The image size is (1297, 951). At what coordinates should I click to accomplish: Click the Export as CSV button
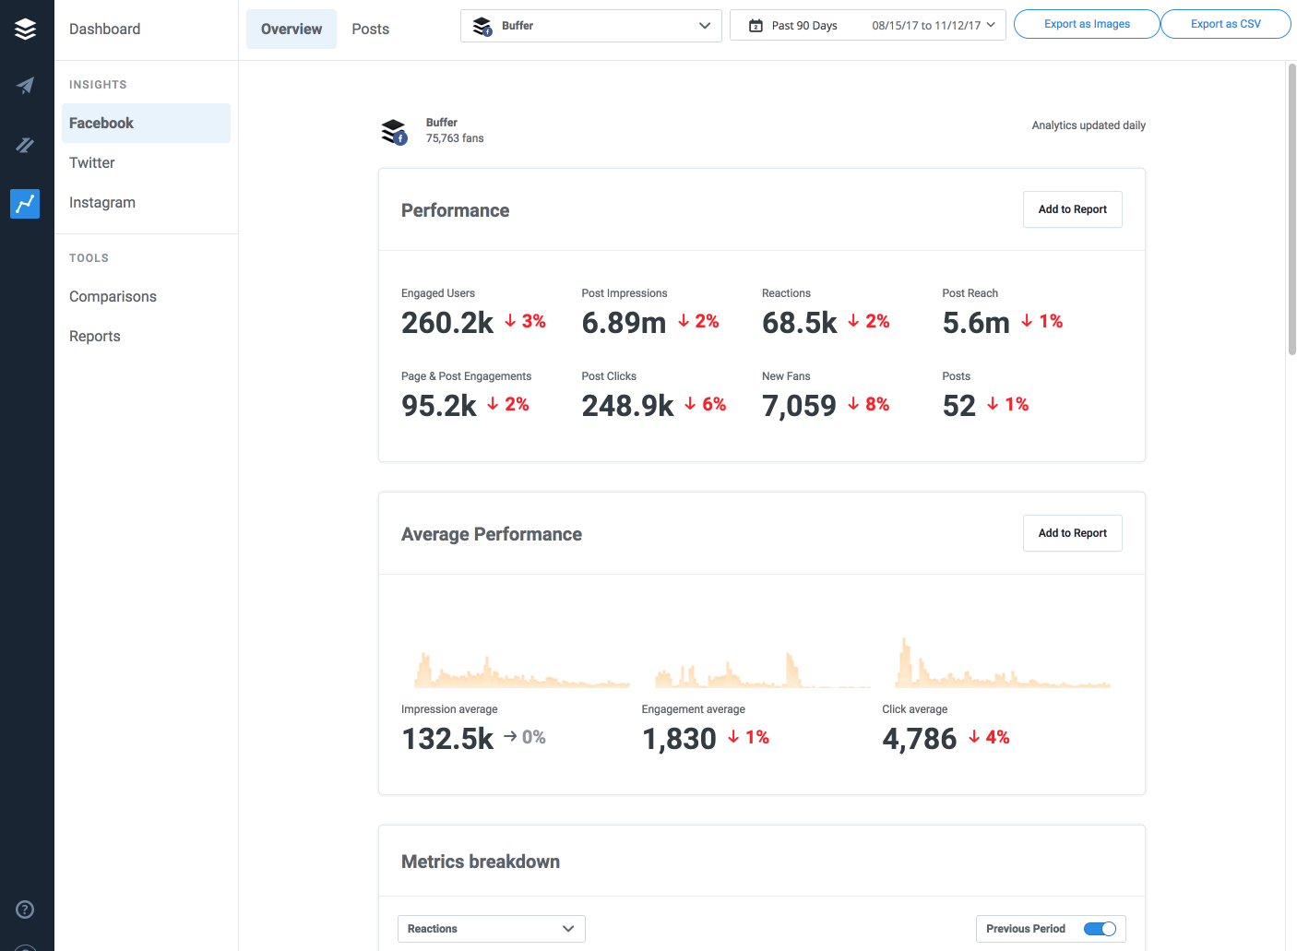pos(1225,24)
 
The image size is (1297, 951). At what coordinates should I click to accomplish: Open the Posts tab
pos(370,30)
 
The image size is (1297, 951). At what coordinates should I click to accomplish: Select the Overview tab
pos(292,30)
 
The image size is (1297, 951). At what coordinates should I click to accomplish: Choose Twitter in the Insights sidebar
pos(92,163)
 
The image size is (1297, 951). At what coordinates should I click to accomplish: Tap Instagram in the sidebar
pos(102,203)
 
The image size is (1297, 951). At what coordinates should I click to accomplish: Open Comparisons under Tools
pos(113,297)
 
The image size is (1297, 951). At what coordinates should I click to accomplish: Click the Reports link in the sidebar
pos(95,337)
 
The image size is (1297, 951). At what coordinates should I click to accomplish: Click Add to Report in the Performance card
pos(1072,209)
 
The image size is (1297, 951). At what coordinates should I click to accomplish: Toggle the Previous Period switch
pos(1100,929)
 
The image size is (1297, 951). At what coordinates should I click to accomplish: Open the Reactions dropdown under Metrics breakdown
pos(491,929)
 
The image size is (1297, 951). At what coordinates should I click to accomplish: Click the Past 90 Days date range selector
pos(867,26)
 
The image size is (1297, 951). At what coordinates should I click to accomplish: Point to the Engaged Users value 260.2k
pos(447,323)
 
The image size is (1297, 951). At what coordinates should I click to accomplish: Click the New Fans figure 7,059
pos(799,406)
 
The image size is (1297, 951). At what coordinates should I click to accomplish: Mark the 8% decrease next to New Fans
pos(869,404)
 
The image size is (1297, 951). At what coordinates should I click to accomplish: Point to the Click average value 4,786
pos(920,739)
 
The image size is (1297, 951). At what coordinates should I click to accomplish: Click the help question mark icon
pos(26,909)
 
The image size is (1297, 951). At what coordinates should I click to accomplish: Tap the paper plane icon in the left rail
pos(26,86)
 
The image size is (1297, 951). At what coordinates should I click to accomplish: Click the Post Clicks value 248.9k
pos(627,406)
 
